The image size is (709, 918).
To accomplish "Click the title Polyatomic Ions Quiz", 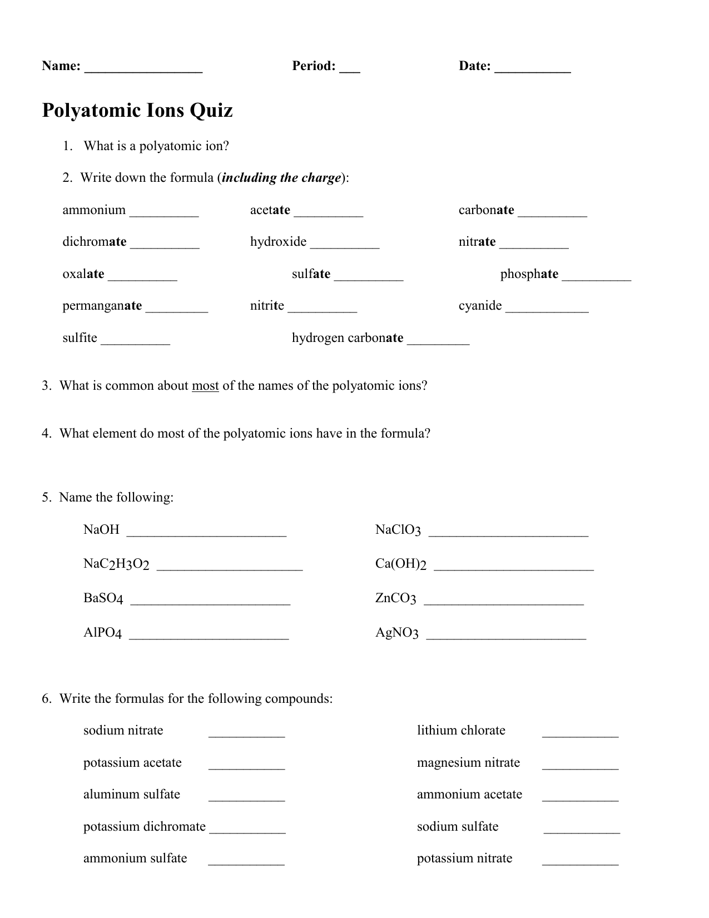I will tap(137, 110).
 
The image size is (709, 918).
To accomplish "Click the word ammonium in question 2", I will tap(94, 210).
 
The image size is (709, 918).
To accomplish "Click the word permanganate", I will tap(102, 306).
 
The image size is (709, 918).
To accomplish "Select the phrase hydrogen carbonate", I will tap(348, 338).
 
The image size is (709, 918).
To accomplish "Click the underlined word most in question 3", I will tap(205, 386).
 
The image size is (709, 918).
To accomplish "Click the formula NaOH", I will tap(101, 529).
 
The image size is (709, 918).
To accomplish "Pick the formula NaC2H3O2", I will tap(116, 564).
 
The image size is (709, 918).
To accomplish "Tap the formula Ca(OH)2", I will tap(400, 564).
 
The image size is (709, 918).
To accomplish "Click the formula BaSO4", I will tap(103, 599).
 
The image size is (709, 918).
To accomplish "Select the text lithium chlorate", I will tap(461, 731).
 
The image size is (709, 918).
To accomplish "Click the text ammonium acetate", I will tap(469, 795).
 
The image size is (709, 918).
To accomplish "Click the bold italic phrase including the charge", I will tap(281, 178).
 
